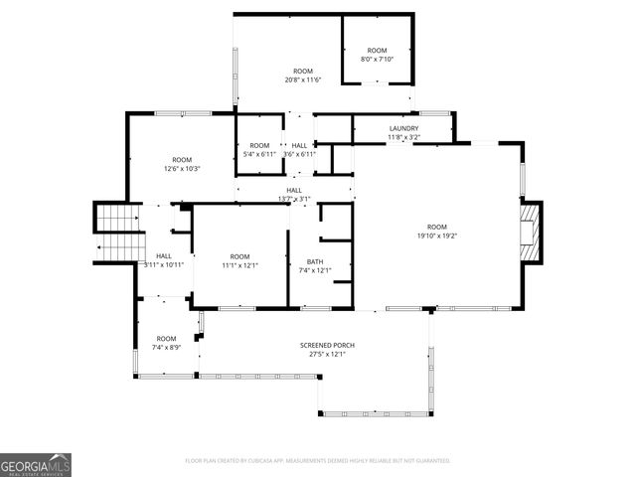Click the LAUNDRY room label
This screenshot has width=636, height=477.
[403, 128]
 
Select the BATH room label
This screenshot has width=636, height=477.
[315, 261]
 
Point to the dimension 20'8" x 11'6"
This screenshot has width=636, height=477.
[303, 79]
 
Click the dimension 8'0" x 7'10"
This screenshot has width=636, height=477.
[377, 59]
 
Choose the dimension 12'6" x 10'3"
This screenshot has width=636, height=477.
[182, 168]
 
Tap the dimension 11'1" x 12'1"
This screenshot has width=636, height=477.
[239, 265]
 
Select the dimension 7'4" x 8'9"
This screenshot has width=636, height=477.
[166, 347]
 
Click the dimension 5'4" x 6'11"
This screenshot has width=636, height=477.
[259, 154]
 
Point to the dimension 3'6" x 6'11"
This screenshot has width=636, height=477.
[299, 154]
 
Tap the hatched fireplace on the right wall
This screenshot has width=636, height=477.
[534, 233]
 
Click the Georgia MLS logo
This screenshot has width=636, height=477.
[36, 464]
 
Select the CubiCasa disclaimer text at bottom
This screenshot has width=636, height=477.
[318, 460]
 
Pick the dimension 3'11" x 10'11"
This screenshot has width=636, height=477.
[164, 265]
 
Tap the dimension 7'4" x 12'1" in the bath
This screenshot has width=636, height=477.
[315, 270]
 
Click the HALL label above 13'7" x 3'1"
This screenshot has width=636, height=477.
[294, 190]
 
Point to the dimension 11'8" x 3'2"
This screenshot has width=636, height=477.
[403, 137]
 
